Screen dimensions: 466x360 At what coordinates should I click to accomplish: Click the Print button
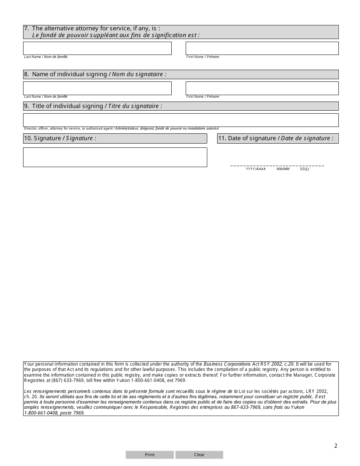pos(150,455)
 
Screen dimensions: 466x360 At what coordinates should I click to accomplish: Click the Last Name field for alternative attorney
pos(97,48)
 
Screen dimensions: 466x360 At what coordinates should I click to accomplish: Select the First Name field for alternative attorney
pos(262,48)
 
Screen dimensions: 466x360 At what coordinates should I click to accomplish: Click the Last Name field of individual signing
pos(97,88)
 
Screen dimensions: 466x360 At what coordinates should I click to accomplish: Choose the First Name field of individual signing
pos(262,88)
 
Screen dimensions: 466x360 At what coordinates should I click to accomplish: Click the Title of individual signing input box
pos(181,120)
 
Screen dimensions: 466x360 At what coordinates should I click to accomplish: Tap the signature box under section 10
pos(115,157)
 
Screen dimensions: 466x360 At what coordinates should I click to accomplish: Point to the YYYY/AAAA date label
pos(256,169)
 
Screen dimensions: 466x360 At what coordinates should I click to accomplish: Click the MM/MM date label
pos(283,169)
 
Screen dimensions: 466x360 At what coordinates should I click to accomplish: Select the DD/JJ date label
pos(305,169)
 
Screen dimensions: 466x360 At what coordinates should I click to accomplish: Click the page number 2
pos(335,446)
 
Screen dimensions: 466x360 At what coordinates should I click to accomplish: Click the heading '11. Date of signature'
pos(278,138)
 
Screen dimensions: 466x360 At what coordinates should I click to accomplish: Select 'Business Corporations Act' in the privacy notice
pos(226,364)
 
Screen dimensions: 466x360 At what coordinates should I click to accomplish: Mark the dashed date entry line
pos(277,166)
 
